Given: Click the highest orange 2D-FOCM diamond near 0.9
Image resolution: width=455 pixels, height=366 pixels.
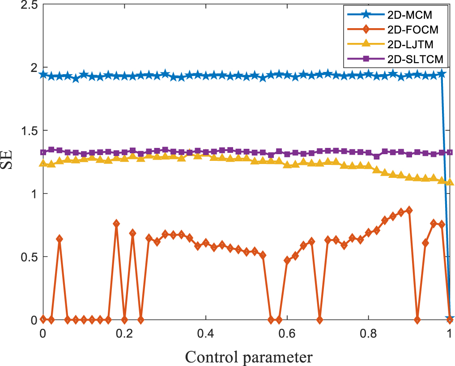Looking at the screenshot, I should [x=409, y=210].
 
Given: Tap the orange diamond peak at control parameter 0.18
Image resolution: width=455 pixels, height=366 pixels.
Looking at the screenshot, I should [x=116, y=223].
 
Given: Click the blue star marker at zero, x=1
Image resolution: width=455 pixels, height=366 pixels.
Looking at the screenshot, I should [x=450, y=319].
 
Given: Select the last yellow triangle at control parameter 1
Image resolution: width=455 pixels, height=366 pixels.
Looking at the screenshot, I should [x=450, y=182].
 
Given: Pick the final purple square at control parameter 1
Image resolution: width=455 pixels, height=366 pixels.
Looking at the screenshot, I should [x=450, y=152].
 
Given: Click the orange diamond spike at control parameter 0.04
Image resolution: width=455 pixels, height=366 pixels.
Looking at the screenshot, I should [x=59, y=239].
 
